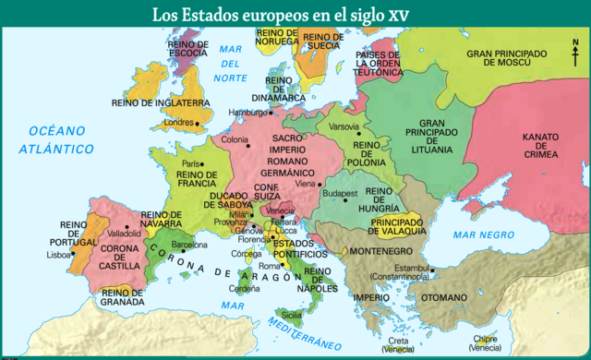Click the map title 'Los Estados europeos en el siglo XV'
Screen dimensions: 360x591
pos(295,14)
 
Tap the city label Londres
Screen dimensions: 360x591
pos(178,122)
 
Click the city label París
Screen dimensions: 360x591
pos(191,163)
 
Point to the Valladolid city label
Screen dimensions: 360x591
pos(124,234)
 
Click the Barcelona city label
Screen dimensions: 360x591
pos(189,246)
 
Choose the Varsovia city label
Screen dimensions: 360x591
pos(344,126)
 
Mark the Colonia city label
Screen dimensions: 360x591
pos(235,139)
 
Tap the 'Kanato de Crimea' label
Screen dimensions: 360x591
pos(540,145)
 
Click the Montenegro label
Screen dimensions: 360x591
pos(380,251)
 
